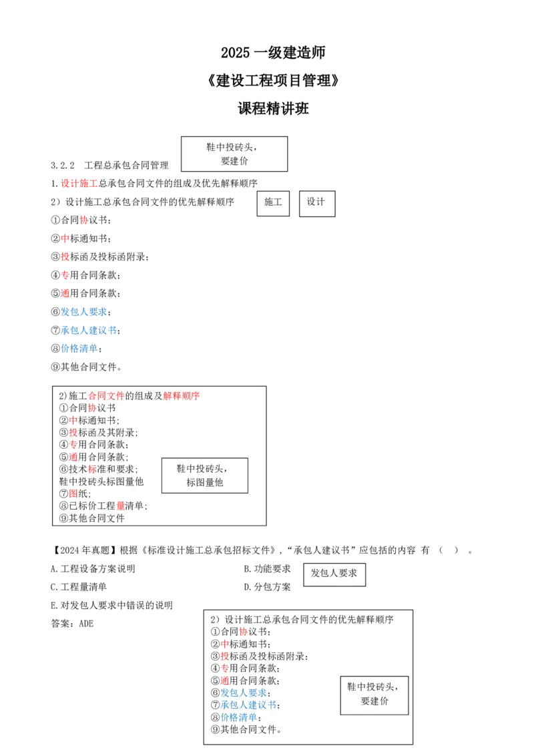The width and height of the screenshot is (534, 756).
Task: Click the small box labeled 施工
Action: coord(273,202)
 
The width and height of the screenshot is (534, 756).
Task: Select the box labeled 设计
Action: coord(316,202)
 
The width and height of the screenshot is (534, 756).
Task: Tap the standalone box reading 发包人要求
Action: coord(334,573)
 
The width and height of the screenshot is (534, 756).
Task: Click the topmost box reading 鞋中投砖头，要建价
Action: coord(234,154)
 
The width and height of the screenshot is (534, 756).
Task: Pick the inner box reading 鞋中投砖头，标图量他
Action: coord(204,475)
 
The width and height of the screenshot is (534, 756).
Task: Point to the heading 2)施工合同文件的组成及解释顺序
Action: coord(129,396)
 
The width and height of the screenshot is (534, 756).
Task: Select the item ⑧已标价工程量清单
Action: coord(103,506)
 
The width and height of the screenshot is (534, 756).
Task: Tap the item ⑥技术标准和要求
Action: coord(98,469)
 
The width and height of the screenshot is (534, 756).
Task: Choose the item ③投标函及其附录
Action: coord(98,433)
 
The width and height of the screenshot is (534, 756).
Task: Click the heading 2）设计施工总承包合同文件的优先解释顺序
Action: coord(302,619)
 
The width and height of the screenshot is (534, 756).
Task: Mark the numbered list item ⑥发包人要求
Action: coord(240,693)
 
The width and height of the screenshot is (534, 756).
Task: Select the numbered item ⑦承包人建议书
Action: coord(245,705)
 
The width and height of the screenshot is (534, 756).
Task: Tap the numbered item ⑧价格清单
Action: coord(236,717)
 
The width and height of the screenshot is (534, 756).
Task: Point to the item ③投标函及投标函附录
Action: coord(259,656)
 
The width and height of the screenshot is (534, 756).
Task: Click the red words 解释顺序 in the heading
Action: coord(182,396)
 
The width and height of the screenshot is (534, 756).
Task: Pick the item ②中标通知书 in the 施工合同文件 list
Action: coord(89,421)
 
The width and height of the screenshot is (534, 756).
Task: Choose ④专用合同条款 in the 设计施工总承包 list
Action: coord(245,669)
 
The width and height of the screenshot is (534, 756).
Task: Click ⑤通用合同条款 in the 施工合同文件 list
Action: coord(93,457)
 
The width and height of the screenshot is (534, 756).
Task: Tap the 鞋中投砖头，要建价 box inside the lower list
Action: coord(374,695)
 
